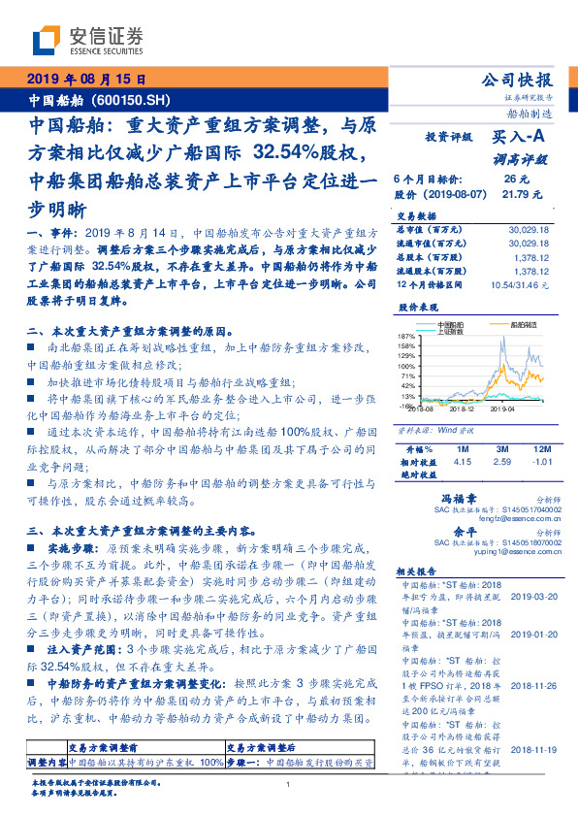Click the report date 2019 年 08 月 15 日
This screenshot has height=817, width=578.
84,81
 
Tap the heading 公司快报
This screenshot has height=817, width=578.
523,80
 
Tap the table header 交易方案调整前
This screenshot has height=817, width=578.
106,748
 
